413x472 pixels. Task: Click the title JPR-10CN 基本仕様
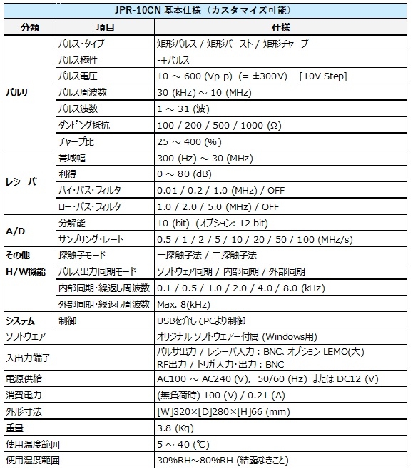(x=207, y=11)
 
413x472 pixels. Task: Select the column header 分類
(x=29, y=27)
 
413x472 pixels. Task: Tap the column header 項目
(x=105, y=27)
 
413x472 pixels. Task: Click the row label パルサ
(x=17, y=93)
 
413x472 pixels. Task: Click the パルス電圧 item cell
(x=79, y=76)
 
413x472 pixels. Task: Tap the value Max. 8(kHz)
(x=182, y=304)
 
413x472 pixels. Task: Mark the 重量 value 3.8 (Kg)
(x=174, y=428)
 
